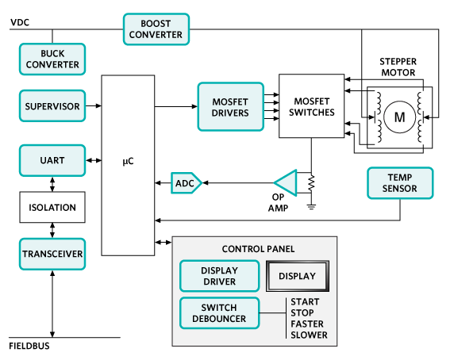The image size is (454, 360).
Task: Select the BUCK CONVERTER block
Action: tap(52, 59)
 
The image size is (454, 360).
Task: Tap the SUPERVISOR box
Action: tap(52, 105)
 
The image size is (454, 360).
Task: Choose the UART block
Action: tap(52, 160)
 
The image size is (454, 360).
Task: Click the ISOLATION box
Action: tap(52, 207)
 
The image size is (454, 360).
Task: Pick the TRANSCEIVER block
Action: tap(52, 254)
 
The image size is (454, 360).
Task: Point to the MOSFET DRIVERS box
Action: tap(230, 106)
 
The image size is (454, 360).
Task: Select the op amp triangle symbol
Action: tap(287, 183)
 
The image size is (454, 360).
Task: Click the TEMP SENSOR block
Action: tap(400, 182)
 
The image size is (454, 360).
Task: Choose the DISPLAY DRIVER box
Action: tap(219, 276)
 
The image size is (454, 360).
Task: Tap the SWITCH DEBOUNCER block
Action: tap(219, 313)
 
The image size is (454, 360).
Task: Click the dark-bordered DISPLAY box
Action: tap(295, 276)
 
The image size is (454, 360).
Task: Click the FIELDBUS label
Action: tap(30, 347)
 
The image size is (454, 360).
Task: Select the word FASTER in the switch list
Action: tap(306, 324)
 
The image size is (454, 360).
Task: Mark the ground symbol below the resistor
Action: tap(311, 208)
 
